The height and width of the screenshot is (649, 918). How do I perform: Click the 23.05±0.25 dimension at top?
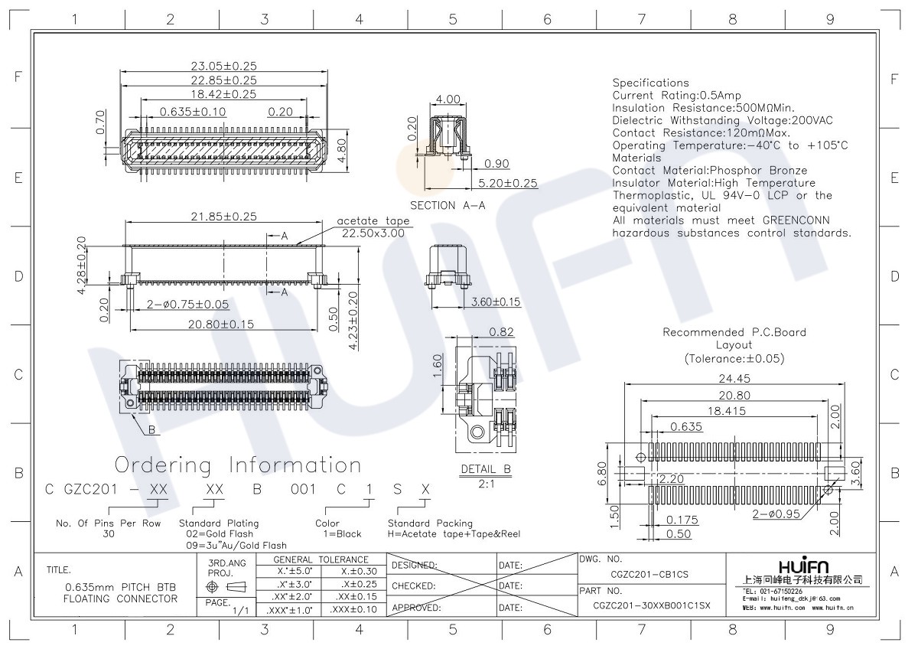click(x=223, y=66)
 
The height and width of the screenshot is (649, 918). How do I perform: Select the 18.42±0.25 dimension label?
click(x=223, y=94)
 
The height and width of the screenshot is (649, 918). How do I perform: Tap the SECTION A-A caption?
click(x=448, y=205)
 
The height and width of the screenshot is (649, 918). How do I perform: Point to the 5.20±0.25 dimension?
click(x=508, y=183)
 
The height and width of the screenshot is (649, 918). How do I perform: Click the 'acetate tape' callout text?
click(x=373, y=221)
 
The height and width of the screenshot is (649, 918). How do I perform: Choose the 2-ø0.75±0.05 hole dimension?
click(x=187, y=304)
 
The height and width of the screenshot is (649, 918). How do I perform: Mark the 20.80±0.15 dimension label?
click(x=221, y=324)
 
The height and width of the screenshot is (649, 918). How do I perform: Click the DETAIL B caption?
click(x=486, y=469)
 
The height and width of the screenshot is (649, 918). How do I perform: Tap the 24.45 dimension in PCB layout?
click(x=734, y=378)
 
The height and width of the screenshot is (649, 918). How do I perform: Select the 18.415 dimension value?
click(x=727, y=411)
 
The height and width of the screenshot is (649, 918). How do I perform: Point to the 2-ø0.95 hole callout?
click(x=776, y=514)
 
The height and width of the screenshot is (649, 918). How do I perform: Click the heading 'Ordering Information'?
click(x=238, y=465)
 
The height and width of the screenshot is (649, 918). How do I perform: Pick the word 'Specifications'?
click(x=651, y=83)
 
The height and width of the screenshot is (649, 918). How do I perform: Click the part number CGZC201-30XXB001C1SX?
click(x=652, y=605)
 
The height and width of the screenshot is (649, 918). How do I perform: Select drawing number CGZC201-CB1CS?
click(x=649, y=575)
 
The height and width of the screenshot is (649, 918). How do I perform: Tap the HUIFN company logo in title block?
click(x=803, y=566)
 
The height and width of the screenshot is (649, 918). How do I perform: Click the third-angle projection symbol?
click(x=226, y=587)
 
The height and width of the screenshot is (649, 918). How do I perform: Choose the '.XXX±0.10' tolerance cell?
click(x=353, y=610)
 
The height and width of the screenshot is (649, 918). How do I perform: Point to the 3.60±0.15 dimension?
click(x=496, y=302)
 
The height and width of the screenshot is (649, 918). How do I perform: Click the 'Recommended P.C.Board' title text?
click(x=734, y=332)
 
